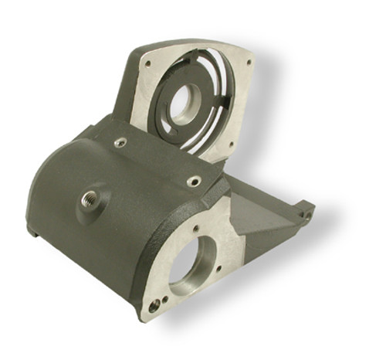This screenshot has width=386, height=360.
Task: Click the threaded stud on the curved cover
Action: (86, 200)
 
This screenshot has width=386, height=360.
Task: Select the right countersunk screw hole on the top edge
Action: (194, 181)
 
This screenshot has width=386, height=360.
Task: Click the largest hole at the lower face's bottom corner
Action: (154, 304)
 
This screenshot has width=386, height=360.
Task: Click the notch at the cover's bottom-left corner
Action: (32, 230)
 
